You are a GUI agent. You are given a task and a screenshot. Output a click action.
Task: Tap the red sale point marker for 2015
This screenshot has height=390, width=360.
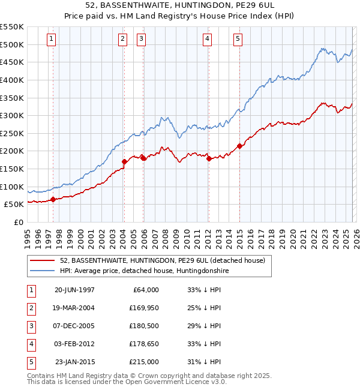pyautogui.click(x=239, y=146)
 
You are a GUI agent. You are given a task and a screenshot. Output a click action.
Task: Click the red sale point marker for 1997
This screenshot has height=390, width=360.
pyautogui.click(x=53, y=199)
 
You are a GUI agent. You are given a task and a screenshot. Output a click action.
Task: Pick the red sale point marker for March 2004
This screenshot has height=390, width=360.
pyautogui.click(x=124, y=161)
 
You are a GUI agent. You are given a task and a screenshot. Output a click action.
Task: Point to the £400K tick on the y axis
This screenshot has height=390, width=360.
pyautogui.click(x=12, y=80)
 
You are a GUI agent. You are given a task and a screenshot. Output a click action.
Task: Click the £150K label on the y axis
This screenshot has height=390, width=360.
pyautogui.click(x=12, y=169)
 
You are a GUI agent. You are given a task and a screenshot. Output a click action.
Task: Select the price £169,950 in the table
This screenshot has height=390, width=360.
pyautogui.click(x=142, y=308)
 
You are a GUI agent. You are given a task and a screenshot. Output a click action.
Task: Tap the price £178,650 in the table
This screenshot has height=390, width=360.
pyautogui.click(x=142, y=344)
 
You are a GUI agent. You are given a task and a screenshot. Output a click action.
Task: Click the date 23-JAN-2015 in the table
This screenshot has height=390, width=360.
pyautogui.click(x=74, y=362)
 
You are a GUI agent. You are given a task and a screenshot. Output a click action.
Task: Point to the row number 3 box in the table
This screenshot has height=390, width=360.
pyautogui.click(x=31, y=326)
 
